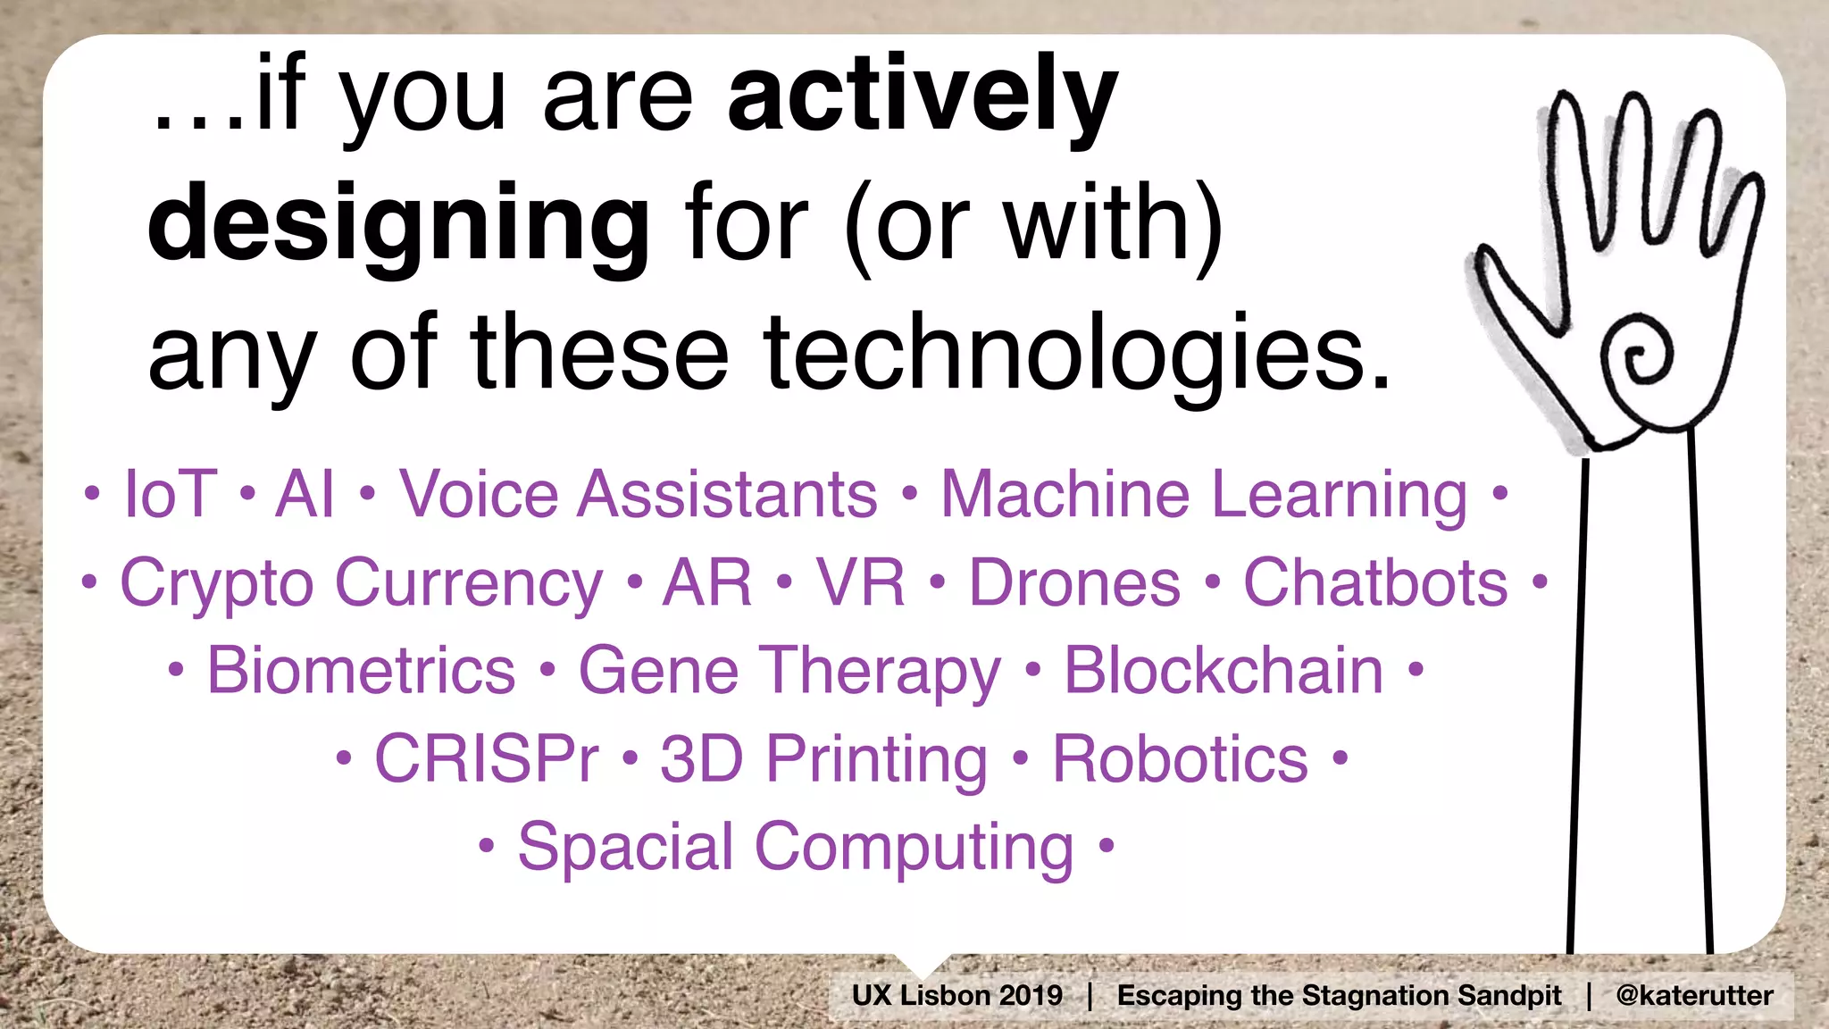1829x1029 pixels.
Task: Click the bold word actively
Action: [922, 96]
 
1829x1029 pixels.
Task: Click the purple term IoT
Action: [170, 494]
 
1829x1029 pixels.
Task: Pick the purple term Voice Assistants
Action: [638, 494]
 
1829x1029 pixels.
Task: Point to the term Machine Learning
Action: [1204, 494]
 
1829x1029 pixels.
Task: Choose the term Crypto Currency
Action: [362, 583]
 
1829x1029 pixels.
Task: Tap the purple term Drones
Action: [1074, 583]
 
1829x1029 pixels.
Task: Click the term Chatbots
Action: [1375, 583]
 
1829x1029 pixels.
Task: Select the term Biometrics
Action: [361, 671]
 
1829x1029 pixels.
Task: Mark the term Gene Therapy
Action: [789, 671]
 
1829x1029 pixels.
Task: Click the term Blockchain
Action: [1224, 671]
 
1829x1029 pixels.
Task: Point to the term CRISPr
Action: [486, 759]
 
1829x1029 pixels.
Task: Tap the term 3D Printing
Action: [823, 759]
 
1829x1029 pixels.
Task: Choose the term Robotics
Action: [1180, 759]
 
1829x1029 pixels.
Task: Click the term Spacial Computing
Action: [795, 847]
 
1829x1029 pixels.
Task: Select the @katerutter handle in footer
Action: [1693, 995]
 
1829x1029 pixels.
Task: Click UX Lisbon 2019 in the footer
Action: [956, 995]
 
